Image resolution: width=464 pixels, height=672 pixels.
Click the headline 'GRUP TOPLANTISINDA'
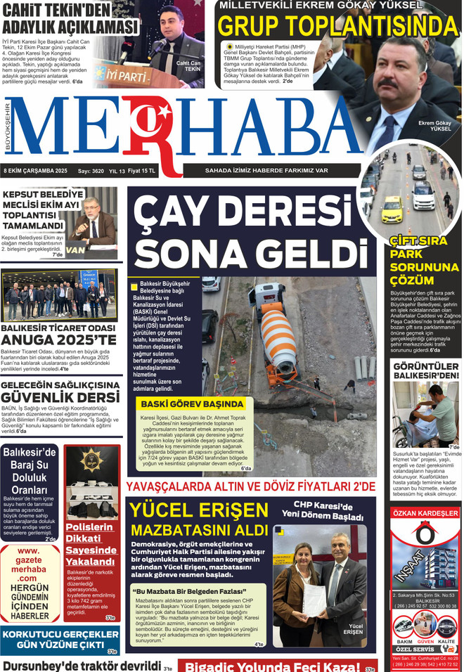pyautogui.click(x=337, y=27)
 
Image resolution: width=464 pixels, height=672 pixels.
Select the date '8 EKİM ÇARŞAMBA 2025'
pyautogui.click(x=35, y=171)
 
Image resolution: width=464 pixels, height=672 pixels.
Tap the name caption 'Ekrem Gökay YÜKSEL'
pyautogui.click(x=434, y=126)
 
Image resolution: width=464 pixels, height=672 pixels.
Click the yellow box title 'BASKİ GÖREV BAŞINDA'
pyautogui.click(x=192, y=405)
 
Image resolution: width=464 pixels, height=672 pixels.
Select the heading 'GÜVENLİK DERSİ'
pyautogui.click(x=60, y=398)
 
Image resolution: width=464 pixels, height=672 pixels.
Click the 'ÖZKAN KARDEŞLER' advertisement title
pyautogui.click(x=425, y=514)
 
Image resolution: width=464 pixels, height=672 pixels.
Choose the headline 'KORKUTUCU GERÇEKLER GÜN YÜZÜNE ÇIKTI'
pyautogui.click(x=60, y=639)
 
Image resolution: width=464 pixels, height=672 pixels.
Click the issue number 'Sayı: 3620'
pyautogui.click(x=91, y=171)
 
